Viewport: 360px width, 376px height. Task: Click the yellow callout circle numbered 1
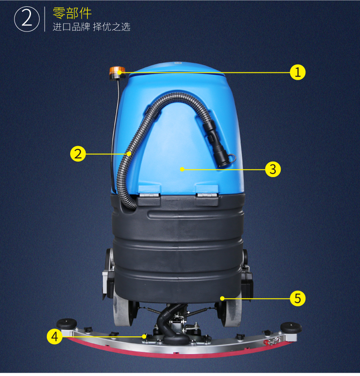298,72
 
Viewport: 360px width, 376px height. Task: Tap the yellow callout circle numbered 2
78,154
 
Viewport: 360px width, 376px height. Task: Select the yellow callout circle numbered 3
273,169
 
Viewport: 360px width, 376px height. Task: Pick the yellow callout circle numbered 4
55,336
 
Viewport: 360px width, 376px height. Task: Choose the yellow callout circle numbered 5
298,298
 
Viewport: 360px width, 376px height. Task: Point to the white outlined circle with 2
27,19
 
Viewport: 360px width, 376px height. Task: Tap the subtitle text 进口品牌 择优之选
92,27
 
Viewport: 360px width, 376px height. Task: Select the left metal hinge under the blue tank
149,195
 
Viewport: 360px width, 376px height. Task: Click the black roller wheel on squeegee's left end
67,324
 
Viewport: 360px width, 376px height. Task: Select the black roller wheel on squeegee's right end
291,327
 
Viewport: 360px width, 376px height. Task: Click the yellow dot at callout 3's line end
182,169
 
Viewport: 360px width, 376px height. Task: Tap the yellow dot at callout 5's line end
222,298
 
